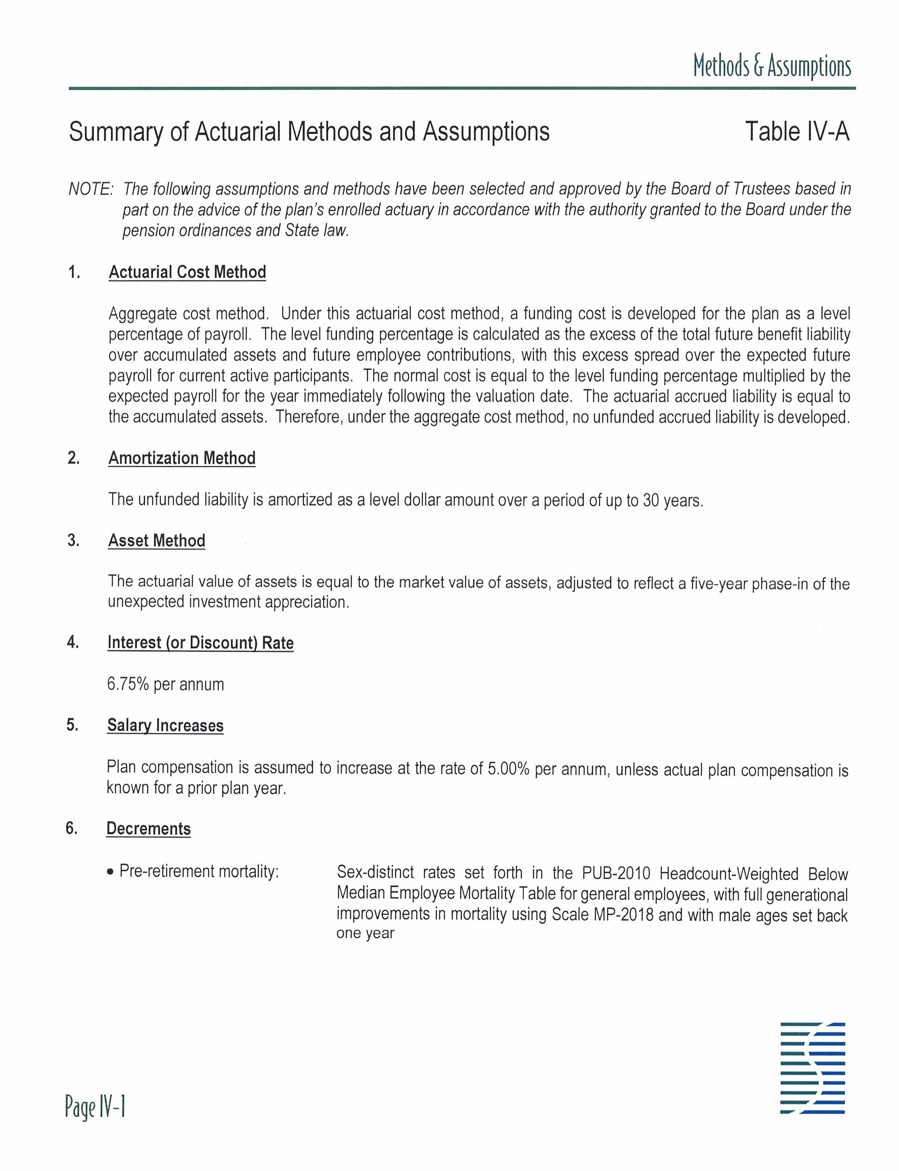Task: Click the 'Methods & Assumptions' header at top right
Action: coord(772,66)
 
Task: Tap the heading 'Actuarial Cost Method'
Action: coord(187,272)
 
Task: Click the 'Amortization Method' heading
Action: coord(182,458)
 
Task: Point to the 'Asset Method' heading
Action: coord(157,541)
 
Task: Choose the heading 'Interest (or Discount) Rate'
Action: coord(201,642)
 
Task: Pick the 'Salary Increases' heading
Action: coord(165,725)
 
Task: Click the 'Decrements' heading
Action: coord(149,829)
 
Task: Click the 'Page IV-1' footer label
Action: coord(95,1107)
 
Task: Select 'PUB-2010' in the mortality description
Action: coord(616,873)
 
